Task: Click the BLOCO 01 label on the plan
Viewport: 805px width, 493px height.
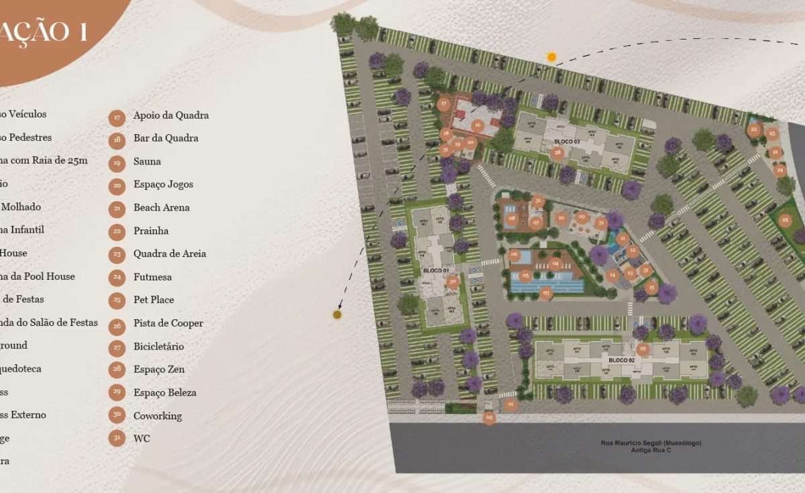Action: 436,270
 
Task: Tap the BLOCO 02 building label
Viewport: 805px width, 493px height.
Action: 621,360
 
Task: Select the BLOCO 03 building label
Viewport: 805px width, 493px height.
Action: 567,142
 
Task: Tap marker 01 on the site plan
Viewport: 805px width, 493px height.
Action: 510,404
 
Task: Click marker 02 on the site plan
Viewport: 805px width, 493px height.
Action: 489,418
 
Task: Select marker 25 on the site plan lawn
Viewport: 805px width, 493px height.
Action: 784,219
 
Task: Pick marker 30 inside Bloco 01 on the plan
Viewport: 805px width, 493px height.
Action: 453,282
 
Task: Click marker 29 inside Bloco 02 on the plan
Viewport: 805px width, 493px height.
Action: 643,349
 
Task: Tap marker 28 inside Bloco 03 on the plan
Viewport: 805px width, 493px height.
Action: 557,152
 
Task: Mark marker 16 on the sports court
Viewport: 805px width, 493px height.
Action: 478,125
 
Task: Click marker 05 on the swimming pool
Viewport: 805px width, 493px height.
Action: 526,276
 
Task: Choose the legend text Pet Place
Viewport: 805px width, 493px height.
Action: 154,300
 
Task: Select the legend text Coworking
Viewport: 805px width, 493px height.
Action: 158,416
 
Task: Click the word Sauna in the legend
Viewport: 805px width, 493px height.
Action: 147,161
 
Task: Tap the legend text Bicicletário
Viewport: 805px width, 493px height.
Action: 158,346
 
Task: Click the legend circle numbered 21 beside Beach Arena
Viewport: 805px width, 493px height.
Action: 117,208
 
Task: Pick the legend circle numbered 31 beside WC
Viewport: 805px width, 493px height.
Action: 117,439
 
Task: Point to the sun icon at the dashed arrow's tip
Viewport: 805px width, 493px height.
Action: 337,314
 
